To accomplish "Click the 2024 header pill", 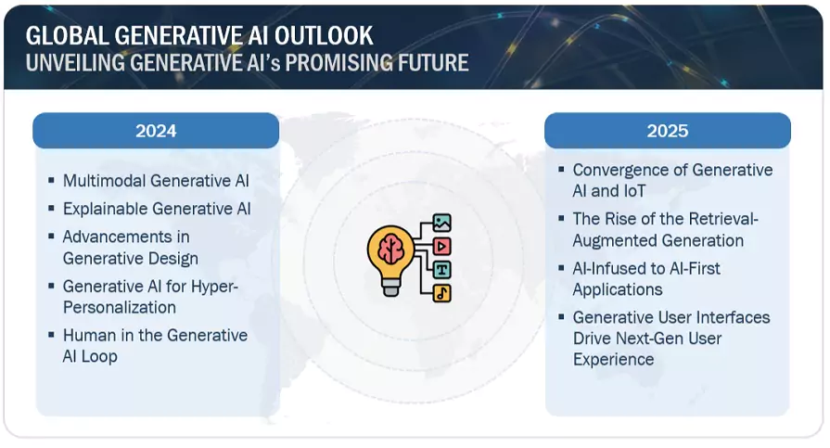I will coord(156,131).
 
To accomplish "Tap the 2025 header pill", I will coord(668,131).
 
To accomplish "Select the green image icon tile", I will coord(441,223).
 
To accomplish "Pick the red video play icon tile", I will coord(441,246).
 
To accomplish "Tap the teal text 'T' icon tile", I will coord(441,270).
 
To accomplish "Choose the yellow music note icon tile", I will coord(441,293).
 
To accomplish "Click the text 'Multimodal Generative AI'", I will coord(156,181).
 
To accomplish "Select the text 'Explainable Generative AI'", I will coord(157,209).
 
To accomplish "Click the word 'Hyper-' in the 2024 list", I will coord(214,287).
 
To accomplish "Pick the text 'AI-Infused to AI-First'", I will coord(646,268).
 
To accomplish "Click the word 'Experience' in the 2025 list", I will coord(613,359).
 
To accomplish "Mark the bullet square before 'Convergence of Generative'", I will coord(562,171).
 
